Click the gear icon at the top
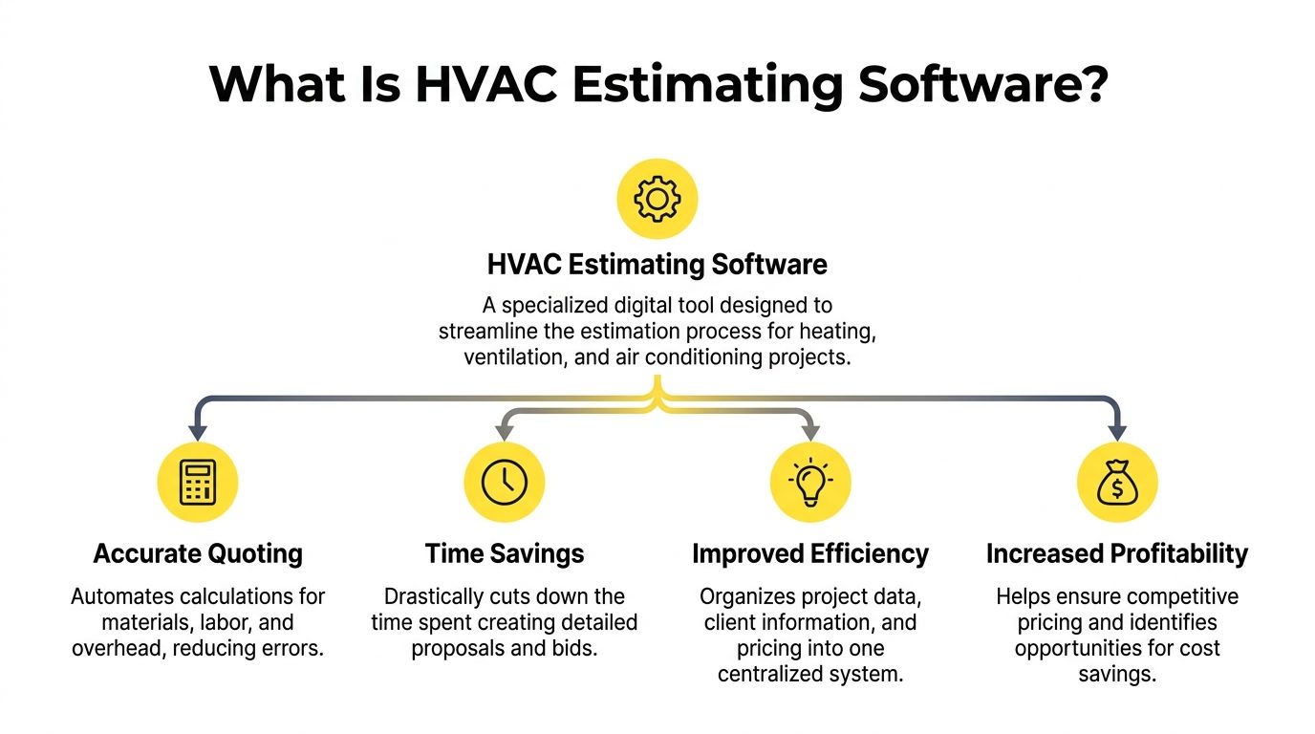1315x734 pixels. [x=657, y=199]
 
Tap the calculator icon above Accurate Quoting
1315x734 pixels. [x=198, y=483]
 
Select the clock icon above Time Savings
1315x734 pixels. [x=504, y=483]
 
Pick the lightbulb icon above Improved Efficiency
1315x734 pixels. [x=810, y=483]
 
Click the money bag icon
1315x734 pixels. [x=1117, y=483]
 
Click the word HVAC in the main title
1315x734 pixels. [x=483, y=84]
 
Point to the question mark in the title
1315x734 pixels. [x=1090, y=84]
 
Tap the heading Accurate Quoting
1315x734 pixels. [x=198, y=553]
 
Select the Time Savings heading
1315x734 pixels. [x=504, y=553]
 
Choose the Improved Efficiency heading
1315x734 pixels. [x=810, y=553]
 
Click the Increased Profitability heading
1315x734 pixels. [x=1117, y=553]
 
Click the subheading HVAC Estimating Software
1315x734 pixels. [x=657, y=264]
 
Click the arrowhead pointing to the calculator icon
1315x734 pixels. [x=198, y=432]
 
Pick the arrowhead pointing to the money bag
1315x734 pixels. [x=1117, y=432]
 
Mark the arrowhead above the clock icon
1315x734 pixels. [x=504, y=432]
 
